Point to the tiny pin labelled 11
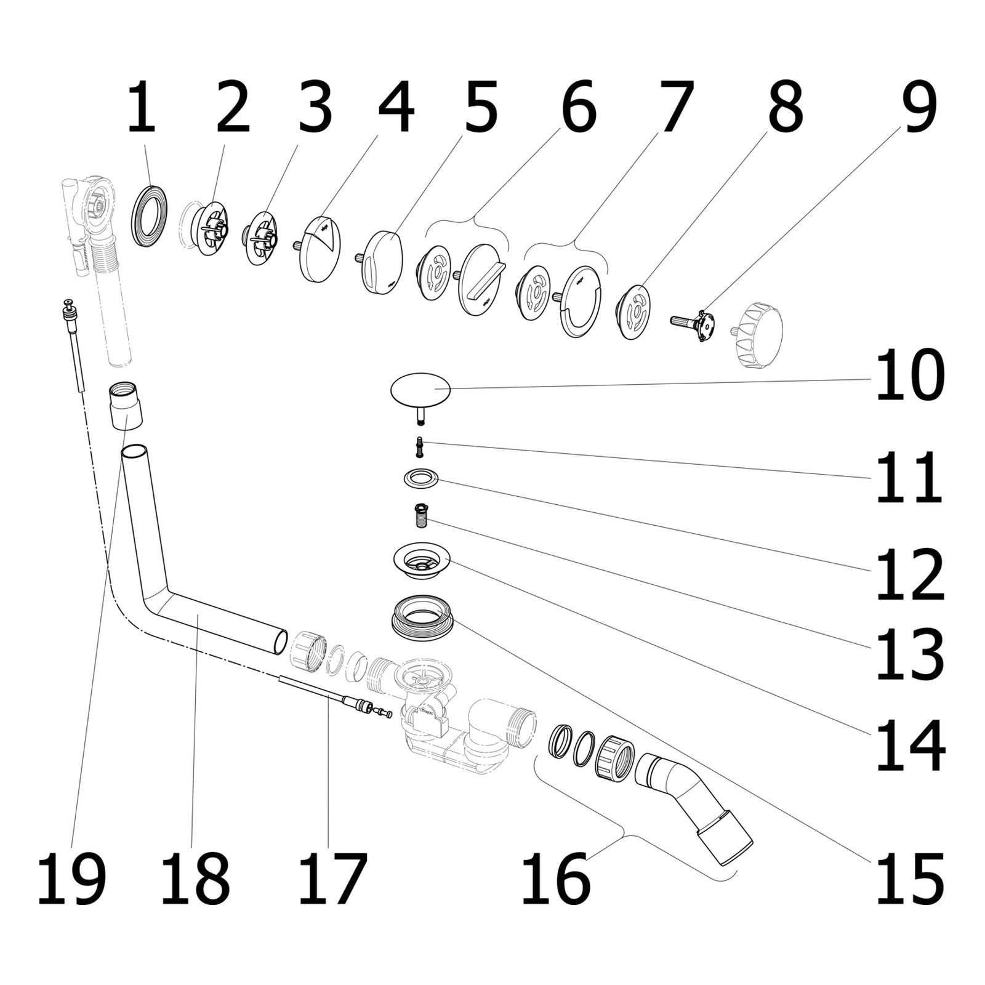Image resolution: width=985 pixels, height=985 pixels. (x=420, y=446)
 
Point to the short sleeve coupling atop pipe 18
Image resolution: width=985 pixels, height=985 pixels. (x=126, y=404)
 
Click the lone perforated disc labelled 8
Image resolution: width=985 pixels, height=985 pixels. (x=633, y=312)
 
